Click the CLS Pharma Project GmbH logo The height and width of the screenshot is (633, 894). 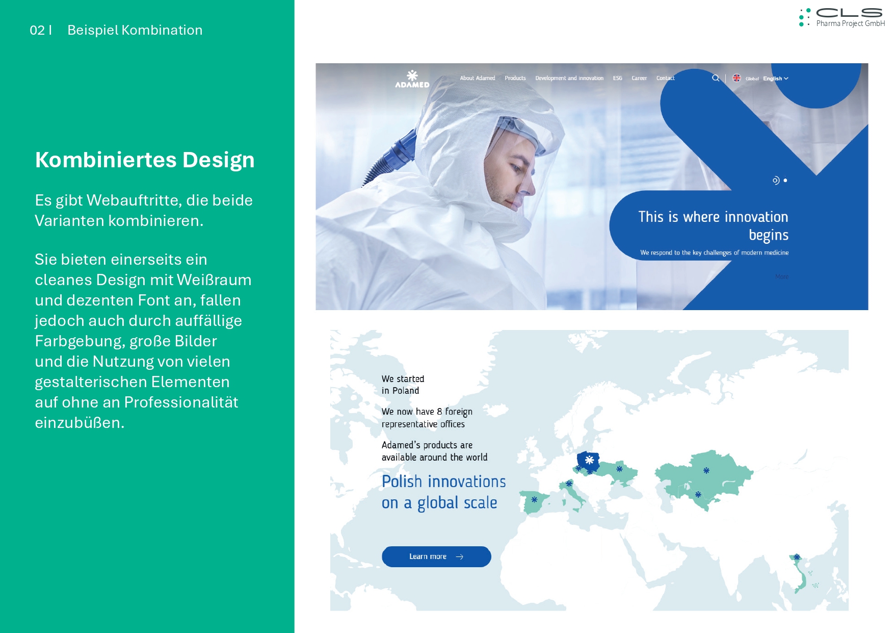[842, 17]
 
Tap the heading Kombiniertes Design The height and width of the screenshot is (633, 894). [145, 160]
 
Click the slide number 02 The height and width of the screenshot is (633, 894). [37, 30]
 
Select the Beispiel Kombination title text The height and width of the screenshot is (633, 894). [135, 30]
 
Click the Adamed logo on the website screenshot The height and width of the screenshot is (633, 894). [412, 79]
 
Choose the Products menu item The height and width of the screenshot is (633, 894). [515, 78]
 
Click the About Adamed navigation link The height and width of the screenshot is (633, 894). [478, 78]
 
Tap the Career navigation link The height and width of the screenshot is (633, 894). [639, 78]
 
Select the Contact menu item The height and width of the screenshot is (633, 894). [665, 78]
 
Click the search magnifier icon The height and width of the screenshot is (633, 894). [716, 78]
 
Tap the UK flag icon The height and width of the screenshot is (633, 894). [737, 78]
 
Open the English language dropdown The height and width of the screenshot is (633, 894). [775, 79]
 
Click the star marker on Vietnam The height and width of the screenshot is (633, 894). [797, 557]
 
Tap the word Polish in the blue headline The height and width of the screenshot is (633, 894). [402, 482]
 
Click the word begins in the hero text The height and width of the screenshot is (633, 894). [769, 235]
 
